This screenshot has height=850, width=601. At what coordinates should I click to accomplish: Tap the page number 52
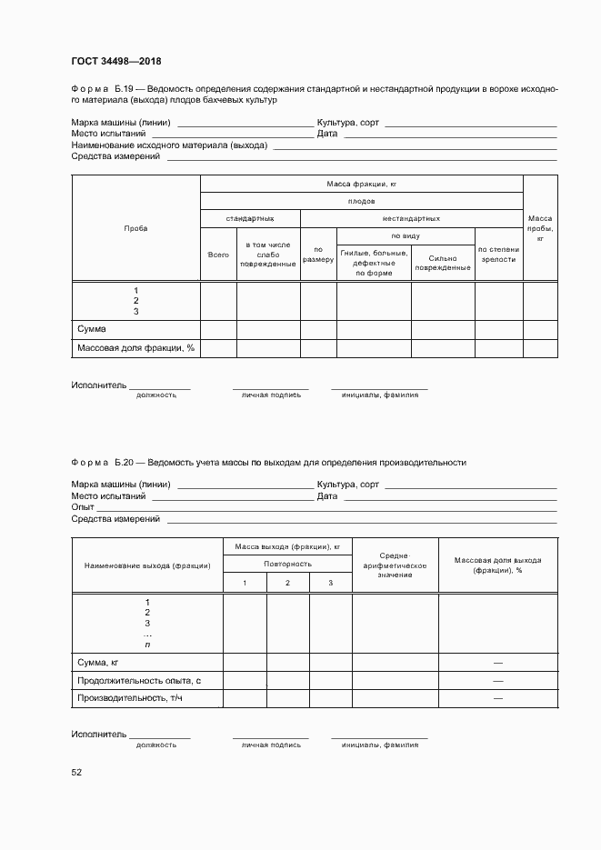[x=76, y=772]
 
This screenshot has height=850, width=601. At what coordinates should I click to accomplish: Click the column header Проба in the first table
[x=135, y=228]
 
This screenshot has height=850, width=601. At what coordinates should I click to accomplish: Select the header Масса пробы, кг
[x=540, y=228]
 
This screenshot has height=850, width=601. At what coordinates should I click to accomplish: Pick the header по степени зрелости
[x=498, y=254]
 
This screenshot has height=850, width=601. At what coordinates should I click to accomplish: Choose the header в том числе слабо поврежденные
[x=268, y=255]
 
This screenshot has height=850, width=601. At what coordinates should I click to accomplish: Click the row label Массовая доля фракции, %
[x=136, y=348]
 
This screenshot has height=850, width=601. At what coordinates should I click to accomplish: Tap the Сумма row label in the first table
[x=92, y=329]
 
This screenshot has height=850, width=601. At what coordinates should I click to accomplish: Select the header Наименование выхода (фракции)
[x=147, y=565]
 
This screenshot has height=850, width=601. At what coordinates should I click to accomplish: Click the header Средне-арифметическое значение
[x=395, y=565]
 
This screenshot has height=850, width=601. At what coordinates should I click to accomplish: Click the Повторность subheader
[x=287, y=564]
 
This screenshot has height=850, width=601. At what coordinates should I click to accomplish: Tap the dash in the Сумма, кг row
[x=497, y=663]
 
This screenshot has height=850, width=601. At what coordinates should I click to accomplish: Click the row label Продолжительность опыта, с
[x=138, y=681]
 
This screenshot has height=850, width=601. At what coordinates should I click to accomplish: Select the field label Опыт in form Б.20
[x=83, y=507]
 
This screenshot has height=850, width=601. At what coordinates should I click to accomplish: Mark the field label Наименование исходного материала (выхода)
[x=169, y=145]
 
